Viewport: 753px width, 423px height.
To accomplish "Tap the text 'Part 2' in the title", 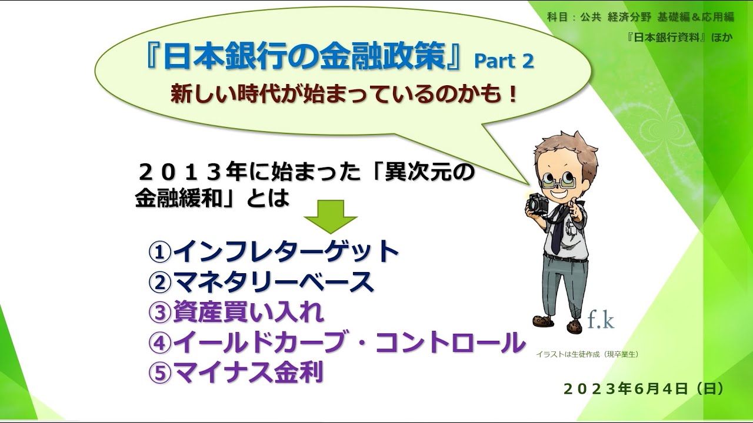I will click(504, 61).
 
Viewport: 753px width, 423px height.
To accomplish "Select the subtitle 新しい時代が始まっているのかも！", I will click(344, 94).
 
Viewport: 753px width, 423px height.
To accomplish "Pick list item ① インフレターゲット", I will click(274, 251).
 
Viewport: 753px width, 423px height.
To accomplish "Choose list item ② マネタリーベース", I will click(261, 282).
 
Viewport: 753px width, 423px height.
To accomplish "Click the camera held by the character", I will click(538, 203).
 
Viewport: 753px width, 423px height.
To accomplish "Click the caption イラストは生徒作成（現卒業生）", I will click(587, 354).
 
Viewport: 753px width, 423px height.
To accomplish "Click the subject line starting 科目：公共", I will click(640, 16).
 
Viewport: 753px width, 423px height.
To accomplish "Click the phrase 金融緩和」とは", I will click(212, 199).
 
